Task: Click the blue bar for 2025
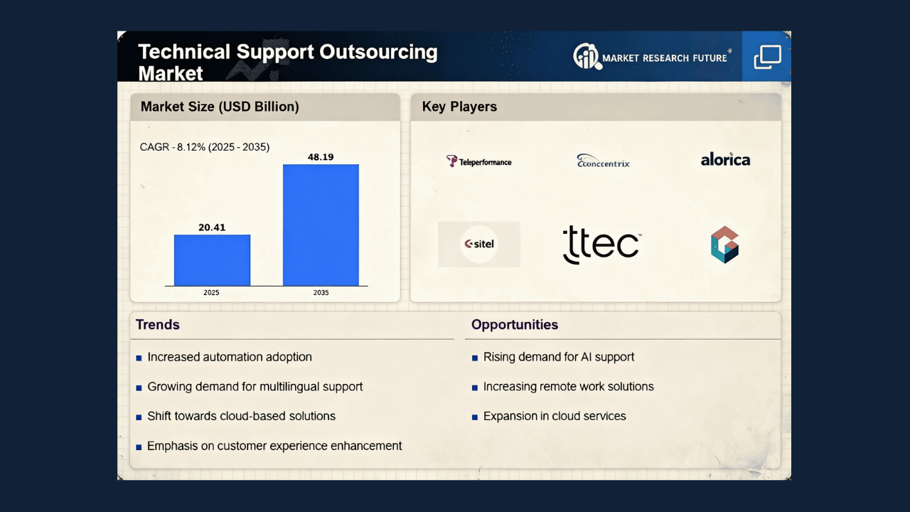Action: click(212, 260)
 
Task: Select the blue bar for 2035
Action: click(321, 225)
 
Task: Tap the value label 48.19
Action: click(321, 157)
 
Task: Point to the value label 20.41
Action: click(212, 228)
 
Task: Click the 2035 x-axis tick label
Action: click(321, 293)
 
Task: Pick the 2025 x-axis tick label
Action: click(212, 293)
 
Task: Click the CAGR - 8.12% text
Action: click(205, 147)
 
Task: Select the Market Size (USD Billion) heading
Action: click(220, 107)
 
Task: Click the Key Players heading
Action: click(459, 107)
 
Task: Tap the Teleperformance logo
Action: click(478, 161)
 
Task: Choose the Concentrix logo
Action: click(603, 161)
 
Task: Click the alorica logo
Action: click(725, 159)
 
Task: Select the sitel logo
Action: click(479, 244)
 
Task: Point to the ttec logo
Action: click(601, 245)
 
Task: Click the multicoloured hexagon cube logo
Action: click(725, 245)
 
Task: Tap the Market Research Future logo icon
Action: click(587, 56)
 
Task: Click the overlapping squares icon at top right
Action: click(767, 57)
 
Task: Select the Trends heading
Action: click(158, 325)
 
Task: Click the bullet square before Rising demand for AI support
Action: click(475, 358)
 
